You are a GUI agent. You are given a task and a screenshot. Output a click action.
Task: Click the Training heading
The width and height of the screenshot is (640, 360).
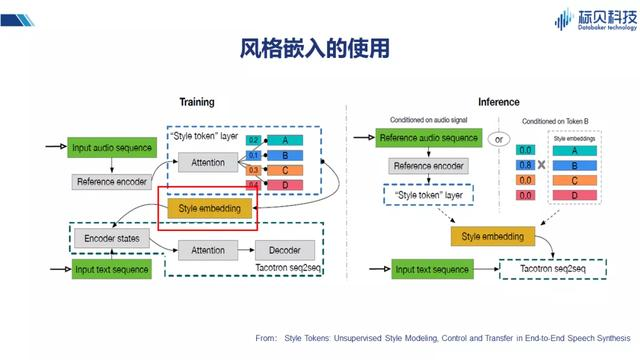pyautogui.click(x=197, y=102)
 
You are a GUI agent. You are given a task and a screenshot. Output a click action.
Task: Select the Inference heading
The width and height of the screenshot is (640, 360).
pyautogui.click(x=498, y=102)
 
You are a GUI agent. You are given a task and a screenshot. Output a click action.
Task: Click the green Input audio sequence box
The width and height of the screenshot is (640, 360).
pyautogui.click(x=112, y=148)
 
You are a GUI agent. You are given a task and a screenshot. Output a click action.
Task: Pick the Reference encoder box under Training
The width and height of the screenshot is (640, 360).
pyautogui.click(x=112, y=182)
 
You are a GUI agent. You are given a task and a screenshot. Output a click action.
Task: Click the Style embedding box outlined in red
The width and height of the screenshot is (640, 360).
pyautogui.click(x=210, y=209)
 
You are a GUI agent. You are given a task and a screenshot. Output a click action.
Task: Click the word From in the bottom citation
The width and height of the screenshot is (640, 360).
pyautogui.click(x=265, y=340)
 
